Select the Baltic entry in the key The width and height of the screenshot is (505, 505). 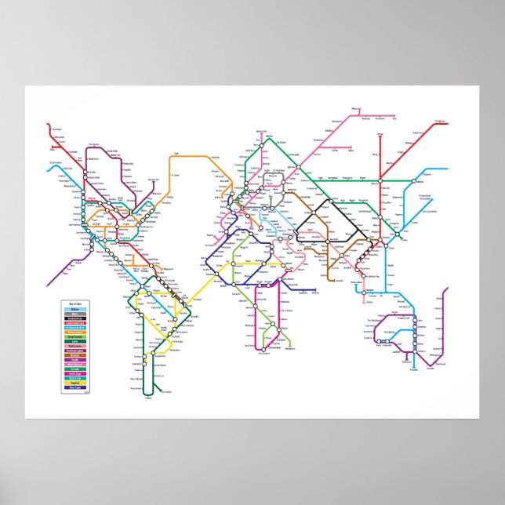[75, 308]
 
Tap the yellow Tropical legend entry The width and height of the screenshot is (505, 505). [75, 382]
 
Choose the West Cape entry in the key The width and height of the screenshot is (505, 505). [75, 387]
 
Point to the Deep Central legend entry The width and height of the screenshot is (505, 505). [75, 336]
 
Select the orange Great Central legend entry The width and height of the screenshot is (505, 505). [75, 331]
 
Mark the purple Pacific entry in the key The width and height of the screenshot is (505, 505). [75, 359]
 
